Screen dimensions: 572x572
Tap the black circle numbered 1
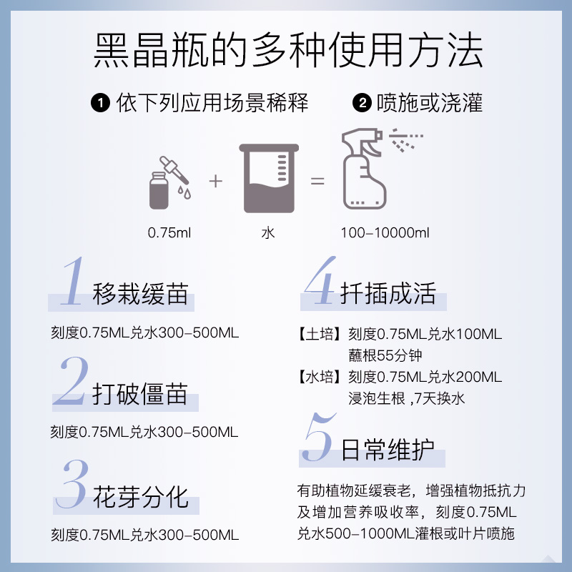(100, 104)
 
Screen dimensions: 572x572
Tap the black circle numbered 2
(363, 104)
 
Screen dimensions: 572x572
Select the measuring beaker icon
(269, 178)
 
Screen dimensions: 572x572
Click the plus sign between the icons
(216, 181)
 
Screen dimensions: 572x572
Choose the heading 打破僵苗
(140, 395)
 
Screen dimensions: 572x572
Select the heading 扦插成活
(388, 294)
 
